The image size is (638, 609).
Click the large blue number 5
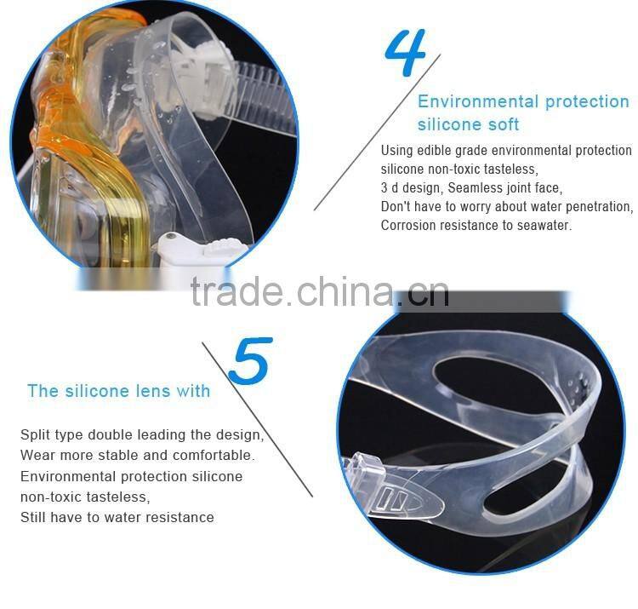point(250,361)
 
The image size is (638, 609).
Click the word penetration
point(600,207)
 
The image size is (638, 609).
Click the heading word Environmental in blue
point(478,101)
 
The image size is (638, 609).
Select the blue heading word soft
point(504,124)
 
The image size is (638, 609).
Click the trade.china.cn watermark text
point(320,290)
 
